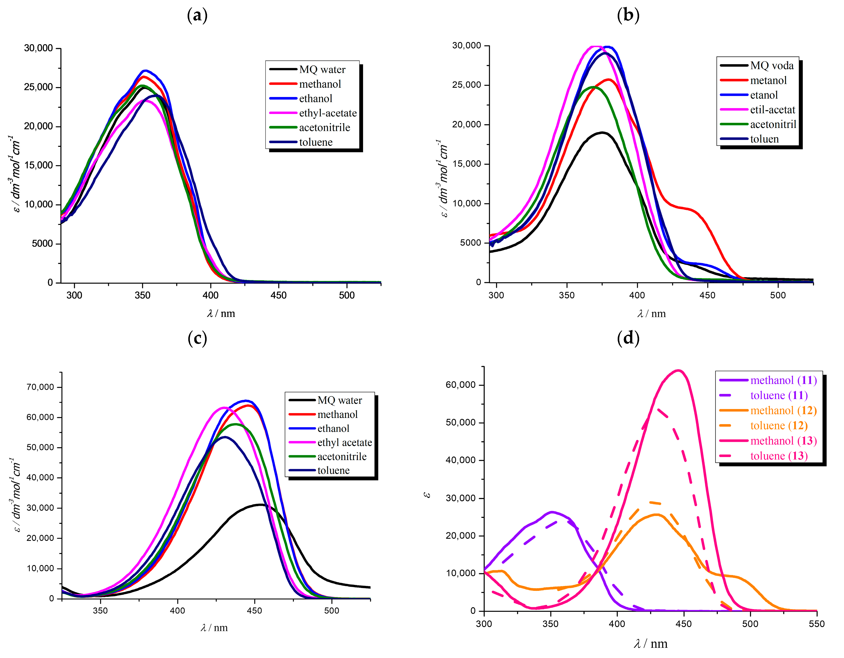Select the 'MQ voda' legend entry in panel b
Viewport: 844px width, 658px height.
[771, 66]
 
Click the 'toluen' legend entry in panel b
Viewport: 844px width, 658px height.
[764, 139]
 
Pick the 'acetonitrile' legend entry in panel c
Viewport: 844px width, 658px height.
[342, 456]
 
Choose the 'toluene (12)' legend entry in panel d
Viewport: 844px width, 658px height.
[779, 426]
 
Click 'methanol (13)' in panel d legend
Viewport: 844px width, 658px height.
[783, 441]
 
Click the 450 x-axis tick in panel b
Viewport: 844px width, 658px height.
[707, 295]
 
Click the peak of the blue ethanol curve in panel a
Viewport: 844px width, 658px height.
[145, 71]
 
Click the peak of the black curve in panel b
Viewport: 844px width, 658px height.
[602, 133]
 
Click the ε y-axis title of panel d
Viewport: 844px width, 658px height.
[427, 495]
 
